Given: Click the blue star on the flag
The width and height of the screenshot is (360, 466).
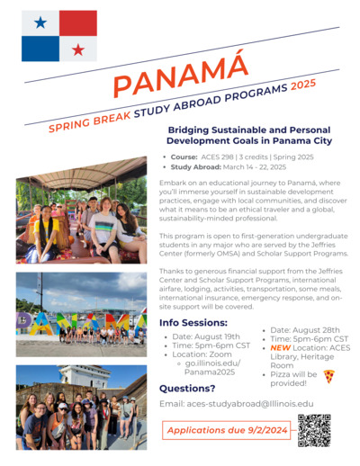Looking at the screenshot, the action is (x=40, y=22).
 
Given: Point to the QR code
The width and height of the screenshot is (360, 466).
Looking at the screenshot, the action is (x=314, y=431).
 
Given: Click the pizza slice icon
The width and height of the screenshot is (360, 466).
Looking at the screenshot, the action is (x=328, y=376).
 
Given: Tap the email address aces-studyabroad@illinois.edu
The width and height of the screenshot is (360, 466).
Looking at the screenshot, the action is (x=237, y=404).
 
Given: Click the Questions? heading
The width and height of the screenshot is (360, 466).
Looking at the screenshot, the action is (x=187, y=389).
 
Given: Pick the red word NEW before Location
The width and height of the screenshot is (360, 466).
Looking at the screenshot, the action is (x=279, y=346).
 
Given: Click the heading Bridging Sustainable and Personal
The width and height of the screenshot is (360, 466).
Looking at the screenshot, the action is (x=247, y=130).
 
